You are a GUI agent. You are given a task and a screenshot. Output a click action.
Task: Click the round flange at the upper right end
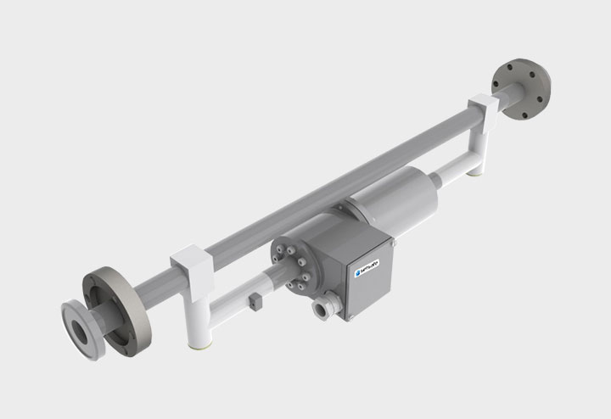pyautogui.click(x=521, y=87)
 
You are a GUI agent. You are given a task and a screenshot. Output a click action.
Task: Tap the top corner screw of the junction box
pyautogui.click(x=393, y=243)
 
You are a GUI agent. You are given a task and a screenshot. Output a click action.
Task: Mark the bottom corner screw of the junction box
pyautogui.click(x=348, y=318)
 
